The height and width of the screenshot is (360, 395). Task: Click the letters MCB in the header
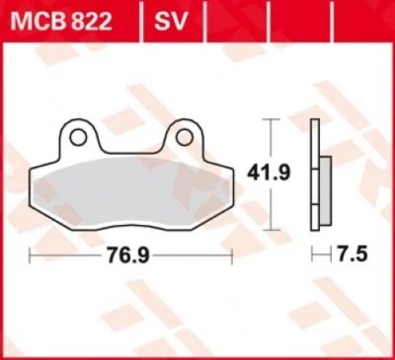click(33, 19)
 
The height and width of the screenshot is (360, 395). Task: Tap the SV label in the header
click(164, 19)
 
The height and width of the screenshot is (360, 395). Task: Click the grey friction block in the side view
click(323, 187)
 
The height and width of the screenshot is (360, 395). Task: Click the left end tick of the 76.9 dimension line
click(31, 255)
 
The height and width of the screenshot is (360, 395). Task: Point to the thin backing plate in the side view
click(314, 172)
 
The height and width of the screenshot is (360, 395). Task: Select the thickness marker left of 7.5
click(318, 255)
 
